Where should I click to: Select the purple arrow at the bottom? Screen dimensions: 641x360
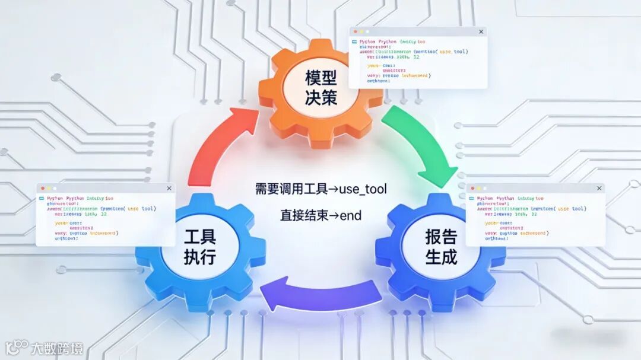point(320,294)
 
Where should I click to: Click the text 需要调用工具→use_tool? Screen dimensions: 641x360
point(320,189)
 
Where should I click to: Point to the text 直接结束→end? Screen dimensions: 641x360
point(320,215)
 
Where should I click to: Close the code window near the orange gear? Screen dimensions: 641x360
point(481,31)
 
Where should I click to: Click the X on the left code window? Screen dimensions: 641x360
point(169,189)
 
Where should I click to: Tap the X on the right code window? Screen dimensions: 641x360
point(599,189)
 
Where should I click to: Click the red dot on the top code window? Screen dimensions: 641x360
point(355,31)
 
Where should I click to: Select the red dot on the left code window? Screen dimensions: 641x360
point(42,189)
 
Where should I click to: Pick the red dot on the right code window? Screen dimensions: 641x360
point(472,189)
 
